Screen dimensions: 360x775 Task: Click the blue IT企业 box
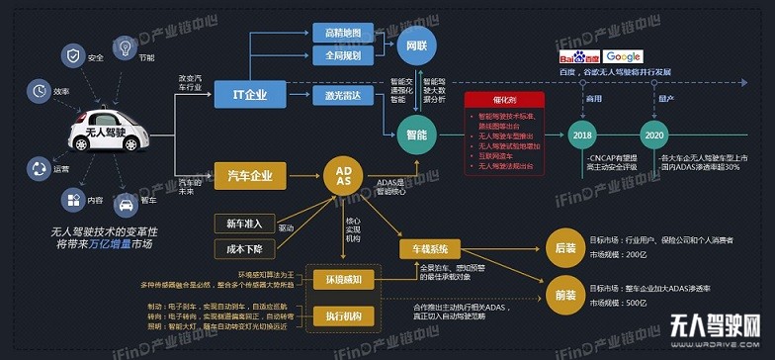(249, 95)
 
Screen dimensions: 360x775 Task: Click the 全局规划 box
(342, 56)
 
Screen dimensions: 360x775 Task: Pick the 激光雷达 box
(342, 95)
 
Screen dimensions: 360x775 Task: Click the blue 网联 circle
(416, 45)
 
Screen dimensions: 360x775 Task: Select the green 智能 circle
(416, 132)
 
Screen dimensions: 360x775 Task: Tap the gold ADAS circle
(339, 176)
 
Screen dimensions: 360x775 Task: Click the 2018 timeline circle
(582, 135)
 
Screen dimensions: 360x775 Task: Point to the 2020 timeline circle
(653, 135)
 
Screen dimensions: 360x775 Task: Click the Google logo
(624, 57)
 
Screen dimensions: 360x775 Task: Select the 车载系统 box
(430, 248)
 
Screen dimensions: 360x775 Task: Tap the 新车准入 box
(244, 222)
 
